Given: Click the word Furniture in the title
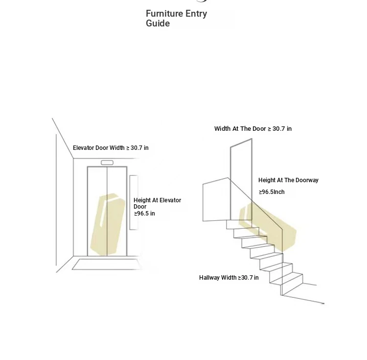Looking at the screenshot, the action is [164, 14].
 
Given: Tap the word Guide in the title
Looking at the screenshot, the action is [158, 23].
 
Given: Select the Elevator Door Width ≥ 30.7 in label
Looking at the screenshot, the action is [111, 148].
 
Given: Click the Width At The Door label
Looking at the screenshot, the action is [240, 129].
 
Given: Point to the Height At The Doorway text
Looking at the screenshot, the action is [288, 180].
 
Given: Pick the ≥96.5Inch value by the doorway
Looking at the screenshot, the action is [272, 192].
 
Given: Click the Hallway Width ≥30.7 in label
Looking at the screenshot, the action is [229, 278].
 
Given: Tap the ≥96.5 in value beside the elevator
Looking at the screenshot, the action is [144, 214].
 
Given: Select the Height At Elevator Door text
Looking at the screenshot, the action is [157, 203].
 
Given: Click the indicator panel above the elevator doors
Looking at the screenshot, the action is [107, 163].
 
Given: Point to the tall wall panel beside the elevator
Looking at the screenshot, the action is [134, 202].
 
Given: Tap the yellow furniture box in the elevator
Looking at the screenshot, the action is [108, 224].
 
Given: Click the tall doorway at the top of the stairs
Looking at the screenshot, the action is [241, 179].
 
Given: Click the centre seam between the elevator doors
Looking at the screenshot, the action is [107, 211].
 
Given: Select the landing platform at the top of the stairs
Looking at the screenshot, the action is [215, 199].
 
